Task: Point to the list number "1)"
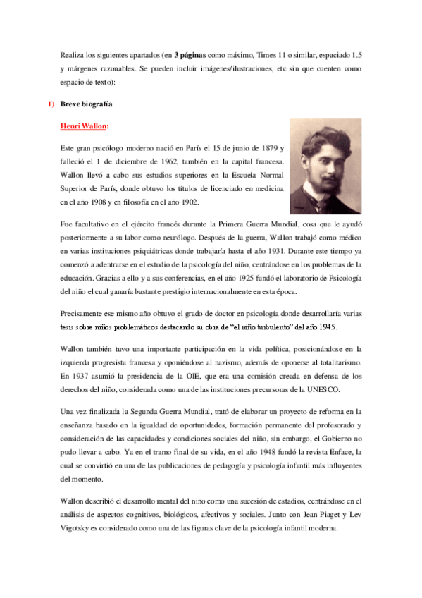tap(50, 105)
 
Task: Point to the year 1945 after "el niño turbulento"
tap(324, 327)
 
